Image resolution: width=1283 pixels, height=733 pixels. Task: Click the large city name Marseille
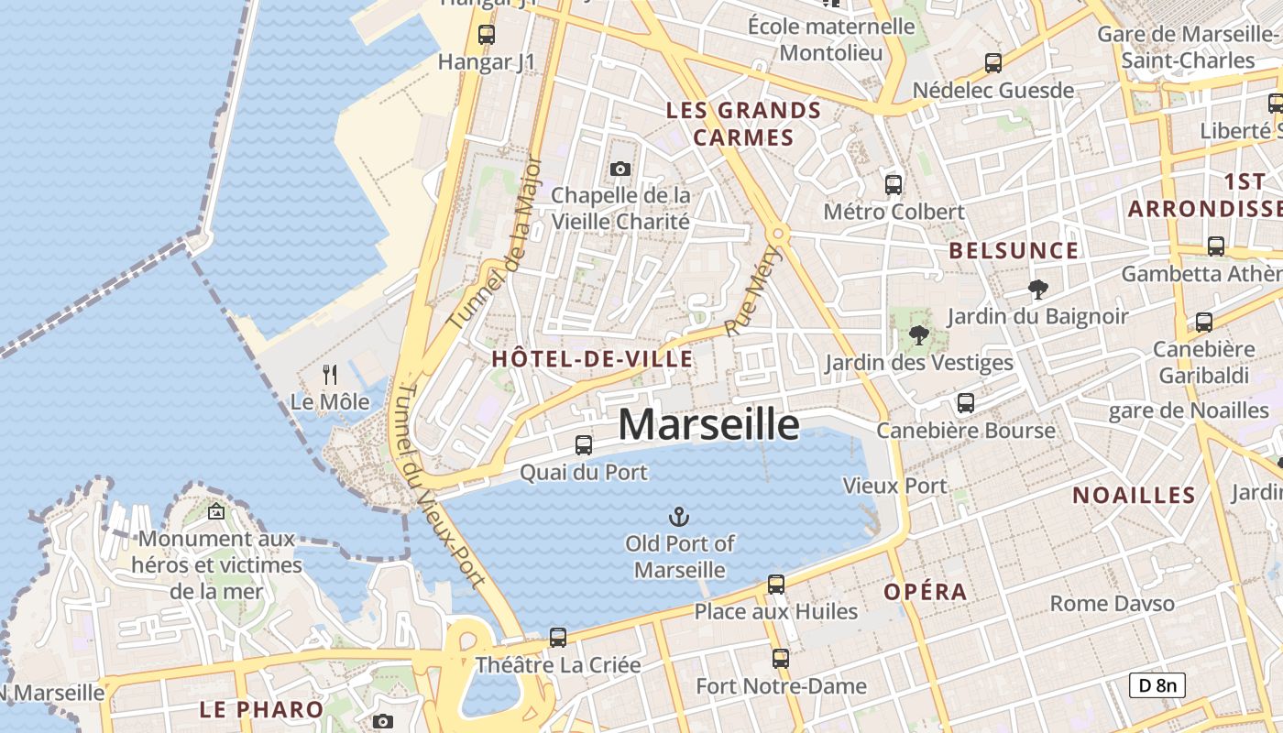click(x=708, y=424)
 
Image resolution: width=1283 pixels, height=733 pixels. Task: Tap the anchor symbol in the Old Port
click(x=680, y=517)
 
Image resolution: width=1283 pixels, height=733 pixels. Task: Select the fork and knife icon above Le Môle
click(x=330, y=374)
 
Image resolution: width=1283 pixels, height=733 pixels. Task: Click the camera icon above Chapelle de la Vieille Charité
click(x=620, y=169)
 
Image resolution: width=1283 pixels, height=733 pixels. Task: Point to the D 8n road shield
click(x=1157, y=685)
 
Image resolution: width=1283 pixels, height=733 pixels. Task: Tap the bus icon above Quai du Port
click(x=583, y=445)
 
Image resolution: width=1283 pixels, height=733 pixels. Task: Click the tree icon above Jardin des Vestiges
click(x=919, y=335)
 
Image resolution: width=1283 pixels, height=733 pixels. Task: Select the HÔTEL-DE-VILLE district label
click(x=592, y=359)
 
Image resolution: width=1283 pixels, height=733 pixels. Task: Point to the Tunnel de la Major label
click(x=496, y=244)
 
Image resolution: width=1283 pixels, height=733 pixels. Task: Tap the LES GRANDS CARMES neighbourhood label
click(x=743, y=124)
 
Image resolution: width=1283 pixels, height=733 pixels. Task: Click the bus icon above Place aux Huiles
click(x=776, y=585)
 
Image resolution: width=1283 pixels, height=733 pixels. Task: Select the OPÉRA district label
click(x=926, y=592)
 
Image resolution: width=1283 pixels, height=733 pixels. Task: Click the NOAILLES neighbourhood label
click(x=1134, y=496)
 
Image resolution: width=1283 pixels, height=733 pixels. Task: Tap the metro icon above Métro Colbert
click(x=894, y=184)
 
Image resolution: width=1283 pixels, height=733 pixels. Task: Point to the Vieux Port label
click(x=894, y=486)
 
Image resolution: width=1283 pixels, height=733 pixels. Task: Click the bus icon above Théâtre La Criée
click(x=557, y=638)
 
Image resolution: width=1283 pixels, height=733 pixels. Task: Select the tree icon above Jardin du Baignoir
click(x=1037, y=290)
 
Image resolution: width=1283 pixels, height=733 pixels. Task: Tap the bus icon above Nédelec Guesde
click(x=993, y=63)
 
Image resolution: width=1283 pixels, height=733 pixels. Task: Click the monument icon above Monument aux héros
click(x=216, y=511)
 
